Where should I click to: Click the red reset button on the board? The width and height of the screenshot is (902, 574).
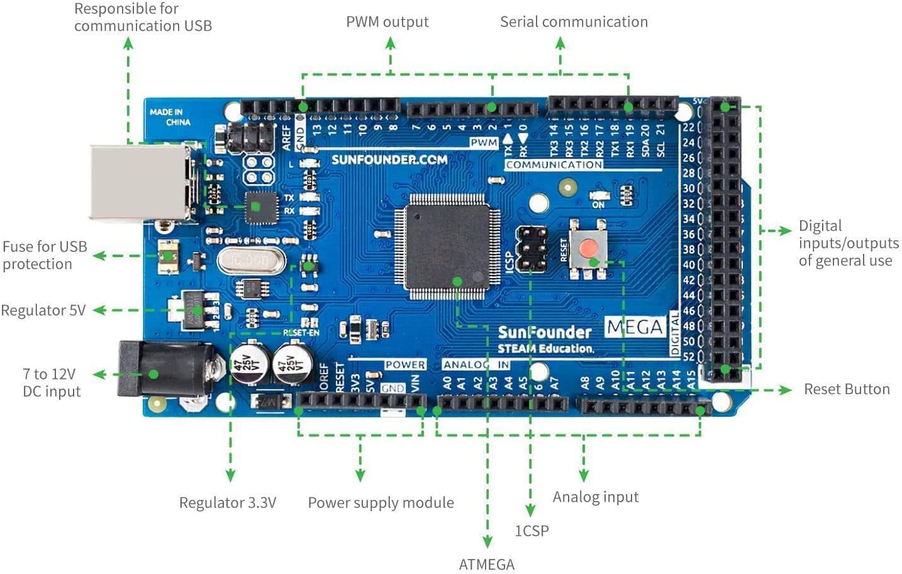[x=589, y=248]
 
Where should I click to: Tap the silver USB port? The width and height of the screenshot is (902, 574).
[x=142, y=182]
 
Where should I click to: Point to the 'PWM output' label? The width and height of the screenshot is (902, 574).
[x=387, y=22]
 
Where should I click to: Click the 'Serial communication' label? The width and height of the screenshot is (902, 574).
[x=574, y=22]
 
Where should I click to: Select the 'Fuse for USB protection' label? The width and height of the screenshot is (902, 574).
[x=45, y=255]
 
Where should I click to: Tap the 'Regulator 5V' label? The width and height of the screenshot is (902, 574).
[x=43, y=311]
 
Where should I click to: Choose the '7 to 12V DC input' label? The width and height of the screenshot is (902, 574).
[x=51, y=383]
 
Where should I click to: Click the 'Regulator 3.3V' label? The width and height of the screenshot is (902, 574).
[x=228, y=503]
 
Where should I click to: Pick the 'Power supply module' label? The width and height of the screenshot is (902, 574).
[x=381, y=503]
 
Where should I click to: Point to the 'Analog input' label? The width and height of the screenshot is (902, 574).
[x=596, y=497]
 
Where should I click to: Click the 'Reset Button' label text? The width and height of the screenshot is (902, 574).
[x=847, y=390]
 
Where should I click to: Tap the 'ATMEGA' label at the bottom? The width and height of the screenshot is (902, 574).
[x=486, y=565]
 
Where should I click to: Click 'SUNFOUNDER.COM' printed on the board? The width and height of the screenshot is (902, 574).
[x=389, y=160]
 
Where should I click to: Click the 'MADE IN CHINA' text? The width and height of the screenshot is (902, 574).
[x=169, y=117]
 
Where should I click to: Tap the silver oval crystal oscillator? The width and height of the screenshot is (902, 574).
[x=251, y=259]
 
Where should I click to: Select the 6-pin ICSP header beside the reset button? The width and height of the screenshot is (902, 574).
[x=532, y=248]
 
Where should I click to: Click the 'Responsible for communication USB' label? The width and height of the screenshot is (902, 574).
[x=143, y=18]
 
